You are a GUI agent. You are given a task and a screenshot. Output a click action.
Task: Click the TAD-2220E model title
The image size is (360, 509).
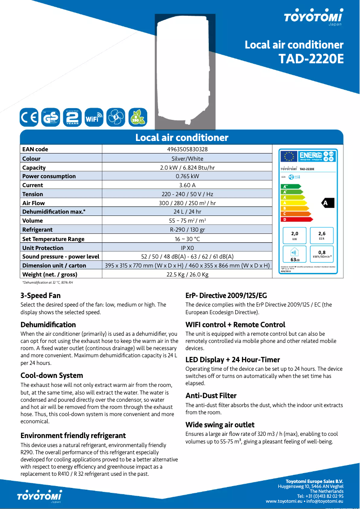coord(311,59)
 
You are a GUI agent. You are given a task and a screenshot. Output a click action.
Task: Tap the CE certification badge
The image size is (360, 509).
coord(29,118)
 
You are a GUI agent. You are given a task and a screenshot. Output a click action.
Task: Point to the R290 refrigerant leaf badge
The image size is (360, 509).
coord(137,118)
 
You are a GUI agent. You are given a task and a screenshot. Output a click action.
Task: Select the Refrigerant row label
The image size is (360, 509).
coord(38,229)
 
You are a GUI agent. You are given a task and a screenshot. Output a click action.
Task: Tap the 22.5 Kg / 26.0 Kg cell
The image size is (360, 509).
coord(187,274)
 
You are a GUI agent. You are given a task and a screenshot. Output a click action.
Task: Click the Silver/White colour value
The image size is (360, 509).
coord(187,158)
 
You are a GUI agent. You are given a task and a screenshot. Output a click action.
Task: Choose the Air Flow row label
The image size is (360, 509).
coord(34,203)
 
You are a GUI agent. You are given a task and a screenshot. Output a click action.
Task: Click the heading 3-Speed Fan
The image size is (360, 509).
coord(40,295)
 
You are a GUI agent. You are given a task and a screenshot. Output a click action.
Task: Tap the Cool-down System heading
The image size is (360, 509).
coord(52,375)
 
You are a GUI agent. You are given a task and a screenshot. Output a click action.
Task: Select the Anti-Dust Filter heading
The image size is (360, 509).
coord(211,395)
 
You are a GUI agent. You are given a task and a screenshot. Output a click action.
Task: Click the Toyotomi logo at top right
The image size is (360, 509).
coord(313,17)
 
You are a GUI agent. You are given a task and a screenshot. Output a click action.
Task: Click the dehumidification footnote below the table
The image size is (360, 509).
coord(48,282)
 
